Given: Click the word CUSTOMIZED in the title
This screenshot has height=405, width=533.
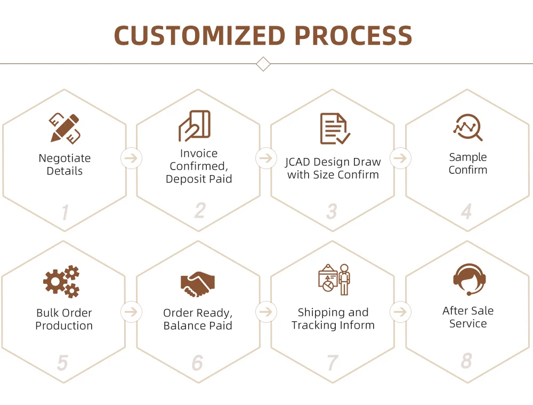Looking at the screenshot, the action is pyautogui.click(x=200, y=36).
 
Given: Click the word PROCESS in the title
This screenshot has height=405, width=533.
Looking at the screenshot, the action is pyautogui.click(x=353, y=36).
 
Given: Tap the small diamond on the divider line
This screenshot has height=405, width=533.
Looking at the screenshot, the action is pyautogui.click(x=263, y=64).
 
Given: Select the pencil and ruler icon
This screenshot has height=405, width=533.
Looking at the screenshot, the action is pyautogui.click(x=64, y=128).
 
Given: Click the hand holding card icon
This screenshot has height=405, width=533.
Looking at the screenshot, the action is pyautogui.click(x=195, y=126).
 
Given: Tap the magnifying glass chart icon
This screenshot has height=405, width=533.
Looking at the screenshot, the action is pyautogui.click(x=468, y=128).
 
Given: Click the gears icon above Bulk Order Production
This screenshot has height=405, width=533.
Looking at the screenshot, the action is pyautogui.click(x=62, y=281).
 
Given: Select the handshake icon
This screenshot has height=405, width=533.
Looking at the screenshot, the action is pyautogui.click(x=198, y=284).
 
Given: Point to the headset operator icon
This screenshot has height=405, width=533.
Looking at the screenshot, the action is pyautogui.click(x=469, y=280).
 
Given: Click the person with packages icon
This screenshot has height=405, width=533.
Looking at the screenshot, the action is pyautogui.click(x=334, y=280).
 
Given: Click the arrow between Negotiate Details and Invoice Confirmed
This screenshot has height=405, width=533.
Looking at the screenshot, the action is pyautogui.click(x=131, y=158).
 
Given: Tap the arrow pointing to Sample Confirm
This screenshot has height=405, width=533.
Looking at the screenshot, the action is pyautogui.click(x=400, y=158).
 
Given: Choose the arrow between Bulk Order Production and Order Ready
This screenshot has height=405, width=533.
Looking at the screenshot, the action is pyautogui.click(x=131, y=312).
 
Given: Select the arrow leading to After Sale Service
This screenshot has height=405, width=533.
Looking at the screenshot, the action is pyautogui.click(x=400, y=312).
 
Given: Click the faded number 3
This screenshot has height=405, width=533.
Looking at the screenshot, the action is pyautogui.click(x=332, y=212).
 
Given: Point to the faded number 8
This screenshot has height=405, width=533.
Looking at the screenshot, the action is pyautogui.click(x=466, y=361).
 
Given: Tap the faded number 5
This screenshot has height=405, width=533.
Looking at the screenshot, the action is pyautogui.click(x=62, y=363).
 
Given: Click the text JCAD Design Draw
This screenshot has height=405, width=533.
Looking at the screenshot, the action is pyautogui.click(x=333, y=162).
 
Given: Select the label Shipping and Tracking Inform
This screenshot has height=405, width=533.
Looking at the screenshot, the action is pyautogui.click(x=333, y=319).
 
